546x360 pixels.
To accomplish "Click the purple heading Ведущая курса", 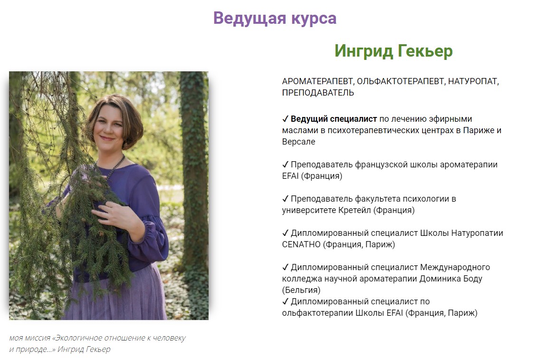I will [275, 18].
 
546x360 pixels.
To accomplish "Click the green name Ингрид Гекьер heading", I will [393, 51].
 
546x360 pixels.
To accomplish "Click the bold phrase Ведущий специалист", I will [334, 119].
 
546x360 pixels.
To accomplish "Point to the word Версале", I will [298, 142].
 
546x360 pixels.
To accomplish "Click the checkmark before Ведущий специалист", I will [285, 119].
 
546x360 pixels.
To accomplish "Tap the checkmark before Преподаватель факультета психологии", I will [285, 199].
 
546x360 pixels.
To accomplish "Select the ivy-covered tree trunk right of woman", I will [192, 190].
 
